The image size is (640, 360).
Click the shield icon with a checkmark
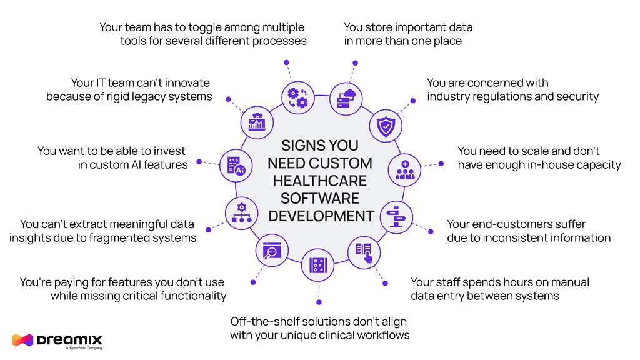tap(382, 126)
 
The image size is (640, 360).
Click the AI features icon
tap(236, 165)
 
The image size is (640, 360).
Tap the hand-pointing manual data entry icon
tap(364, 251)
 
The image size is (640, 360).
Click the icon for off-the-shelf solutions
tap(318, 265)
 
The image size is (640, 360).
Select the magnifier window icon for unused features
tap(271, 251)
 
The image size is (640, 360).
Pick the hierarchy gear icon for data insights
tap(241, 212)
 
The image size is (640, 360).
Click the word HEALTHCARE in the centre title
tap(320, 181)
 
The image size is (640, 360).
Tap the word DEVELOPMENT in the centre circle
tap(320, 216)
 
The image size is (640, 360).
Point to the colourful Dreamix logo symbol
tap(22, 341)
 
